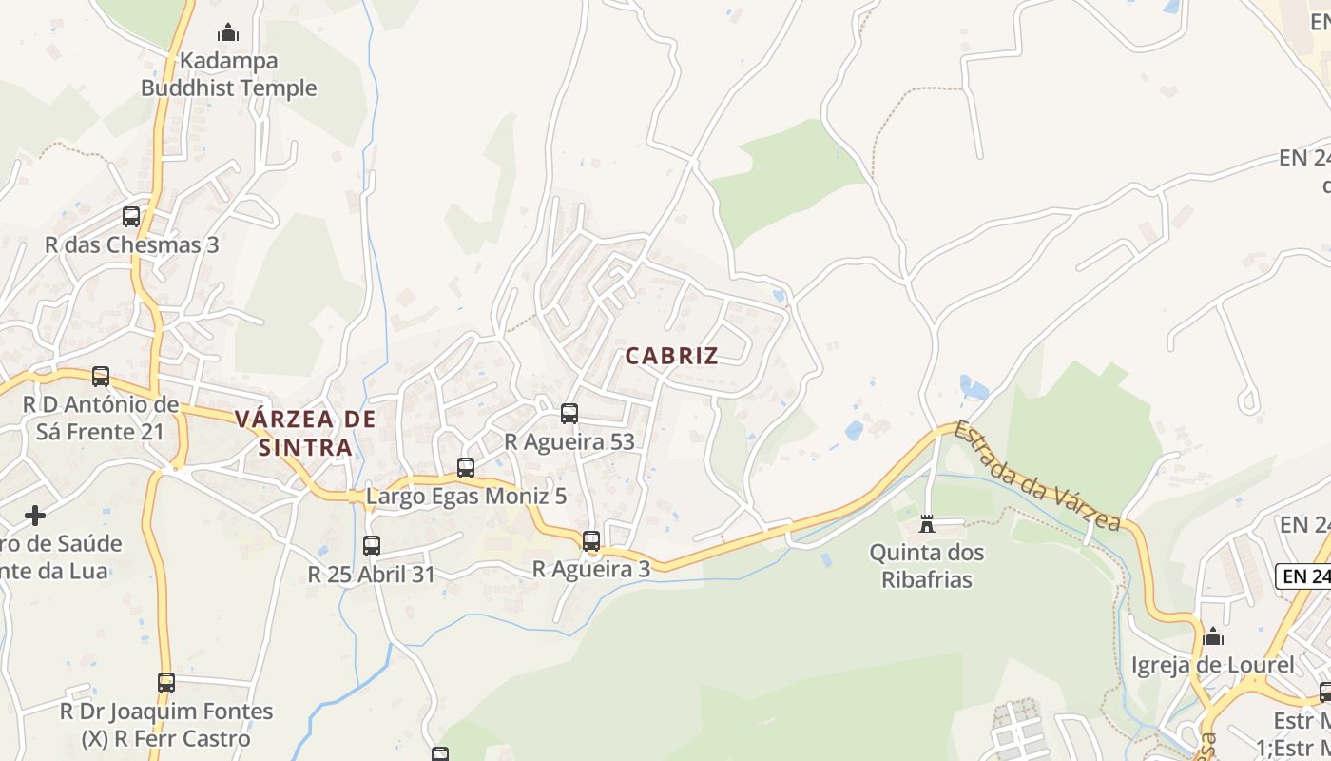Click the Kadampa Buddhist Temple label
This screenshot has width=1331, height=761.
pyautogui.click(x=228, y=74)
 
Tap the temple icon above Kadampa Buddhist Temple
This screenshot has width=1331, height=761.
pyautogui.click(x=228, y=33)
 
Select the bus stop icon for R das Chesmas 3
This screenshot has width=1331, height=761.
pyautogui.click(x=131, y=216)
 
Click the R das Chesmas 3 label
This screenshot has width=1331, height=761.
pyautogui.click(x=131, y=244)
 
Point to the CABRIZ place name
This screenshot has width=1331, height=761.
pyautogui.click(x=671, y=357)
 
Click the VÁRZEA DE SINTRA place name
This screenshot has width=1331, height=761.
pyautogui.click(x=305, y=433)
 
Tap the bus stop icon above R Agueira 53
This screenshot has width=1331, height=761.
pyautogui.click(x=569, y=413)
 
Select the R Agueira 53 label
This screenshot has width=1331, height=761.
pyautogui.click(x=569, y=441)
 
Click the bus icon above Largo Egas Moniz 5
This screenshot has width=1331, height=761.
pyautogui.click(x=466, y=467)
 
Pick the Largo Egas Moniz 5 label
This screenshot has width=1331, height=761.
pyautogui.click(x=466, y=496)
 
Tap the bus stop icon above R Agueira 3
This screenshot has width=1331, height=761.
pyautogui.click(x=591, y=540)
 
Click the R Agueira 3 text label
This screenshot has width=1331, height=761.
pyautogui.click(x=591, y=569)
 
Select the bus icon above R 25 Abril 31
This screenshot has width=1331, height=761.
pyautogui.click(x=372, y=545)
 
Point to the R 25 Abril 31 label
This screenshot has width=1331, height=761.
pyautogui.click(x=372, y=575)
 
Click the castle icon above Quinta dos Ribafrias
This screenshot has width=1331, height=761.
pyautogui.click(x=927, y=523)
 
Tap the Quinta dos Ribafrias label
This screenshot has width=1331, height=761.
pyautogui.click(x=927, y=565)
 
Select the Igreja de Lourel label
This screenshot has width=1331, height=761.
pyautogui.click(x=1212, y=665)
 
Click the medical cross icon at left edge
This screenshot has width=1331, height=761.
pyautogui.click(x=35, y=516)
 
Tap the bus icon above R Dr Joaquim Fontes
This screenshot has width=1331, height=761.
pyautogui.click(x=166, y=682)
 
